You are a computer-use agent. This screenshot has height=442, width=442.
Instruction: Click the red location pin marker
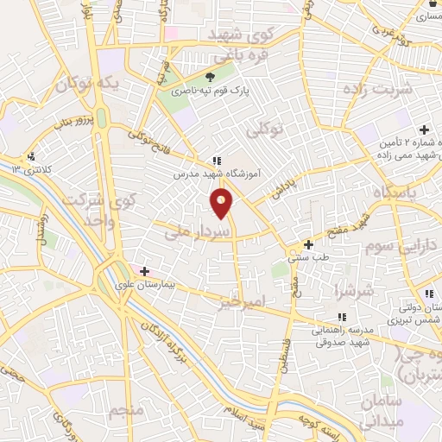(222, 204)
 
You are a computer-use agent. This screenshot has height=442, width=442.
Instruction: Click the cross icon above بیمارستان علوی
(145, 271)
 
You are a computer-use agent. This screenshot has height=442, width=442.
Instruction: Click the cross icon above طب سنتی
(306, 244)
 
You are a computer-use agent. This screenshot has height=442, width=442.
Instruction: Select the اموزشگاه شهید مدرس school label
(216, 174)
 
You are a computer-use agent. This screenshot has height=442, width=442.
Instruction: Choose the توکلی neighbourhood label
(265, 132)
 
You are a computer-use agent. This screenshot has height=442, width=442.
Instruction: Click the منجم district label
(126, 409)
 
